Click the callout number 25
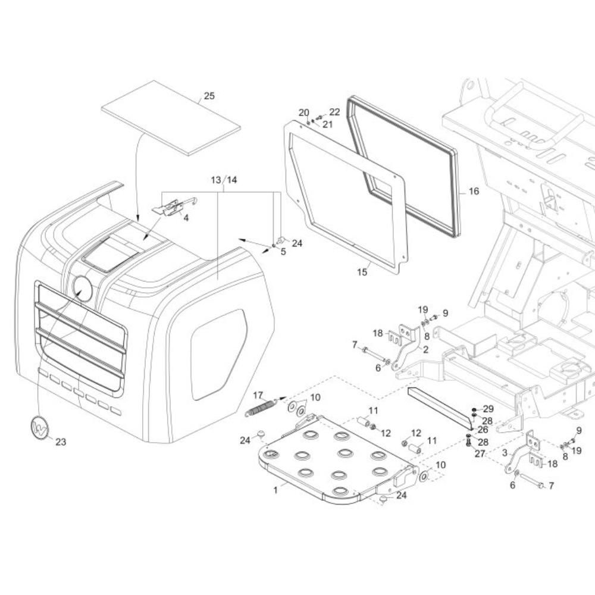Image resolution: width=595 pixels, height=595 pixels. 209,96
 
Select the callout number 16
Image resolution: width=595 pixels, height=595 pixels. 474,191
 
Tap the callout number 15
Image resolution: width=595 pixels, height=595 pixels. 362,272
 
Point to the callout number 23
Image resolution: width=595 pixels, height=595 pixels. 61,441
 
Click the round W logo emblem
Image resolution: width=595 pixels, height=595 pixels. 40,428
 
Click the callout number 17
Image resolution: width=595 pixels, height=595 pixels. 258,396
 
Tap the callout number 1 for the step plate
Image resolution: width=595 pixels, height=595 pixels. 275,490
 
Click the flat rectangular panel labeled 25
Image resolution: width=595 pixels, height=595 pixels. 171,118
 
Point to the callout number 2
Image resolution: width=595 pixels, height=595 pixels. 425,349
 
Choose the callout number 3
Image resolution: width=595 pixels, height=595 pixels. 505,453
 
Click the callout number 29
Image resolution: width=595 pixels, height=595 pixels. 488,409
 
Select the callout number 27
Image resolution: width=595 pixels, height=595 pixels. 480,453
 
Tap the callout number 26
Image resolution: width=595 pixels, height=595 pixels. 483,430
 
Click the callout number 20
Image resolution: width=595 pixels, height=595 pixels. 304,112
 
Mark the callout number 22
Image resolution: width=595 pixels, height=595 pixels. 334,112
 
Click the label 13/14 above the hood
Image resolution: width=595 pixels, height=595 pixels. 224,180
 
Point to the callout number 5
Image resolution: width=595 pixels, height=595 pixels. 283,252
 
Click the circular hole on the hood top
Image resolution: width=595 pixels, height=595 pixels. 82,289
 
